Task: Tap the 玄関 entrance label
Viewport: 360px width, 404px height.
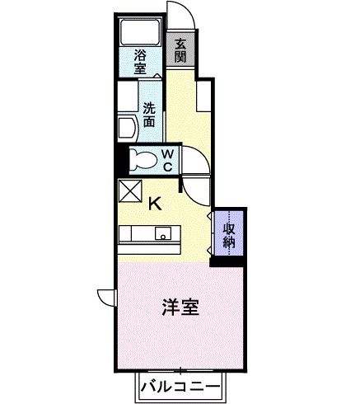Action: coord(180,50)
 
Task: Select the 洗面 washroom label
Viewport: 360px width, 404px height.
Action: coord(149,113)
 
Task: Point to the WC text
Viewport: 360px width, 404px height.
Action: coord(166,160)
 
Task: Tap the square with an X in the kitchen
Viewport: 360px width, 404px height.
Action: coord(129,191)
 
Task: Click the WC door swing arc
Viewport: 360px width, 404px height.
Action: coord(196,169)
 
